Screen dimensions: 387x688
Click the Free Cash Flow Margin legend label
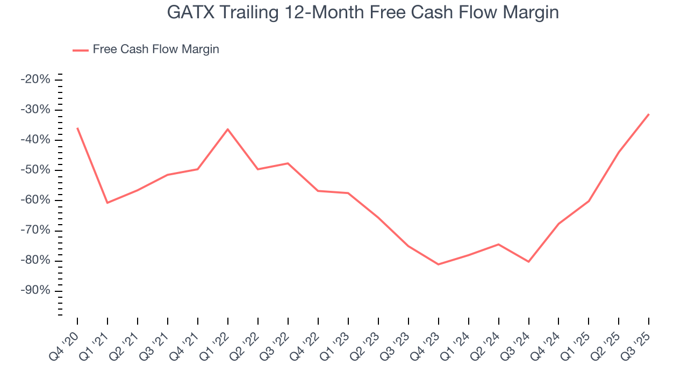156,49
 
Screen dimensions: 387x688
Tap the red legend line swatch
81,50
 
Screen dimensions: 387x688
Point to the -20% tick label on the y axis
35,80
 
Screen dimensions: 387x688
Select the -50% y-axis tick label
35,170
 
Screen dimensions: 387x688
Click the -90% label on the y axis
35,290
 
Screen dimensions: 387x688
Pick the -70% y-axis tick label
35,230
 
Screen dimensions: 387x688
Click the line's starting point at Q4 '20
77,128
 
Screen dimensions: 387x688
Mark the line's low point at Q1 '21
107,203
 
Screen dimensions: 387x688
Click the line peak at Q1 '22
228,129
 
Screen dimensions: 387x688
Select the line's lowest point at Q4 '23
439,264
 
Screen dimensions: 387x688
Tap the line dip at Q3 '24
529,262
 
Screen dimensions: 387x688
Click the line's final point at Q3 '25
649,114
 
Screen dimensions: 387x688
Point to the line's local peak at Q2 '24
499,245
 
